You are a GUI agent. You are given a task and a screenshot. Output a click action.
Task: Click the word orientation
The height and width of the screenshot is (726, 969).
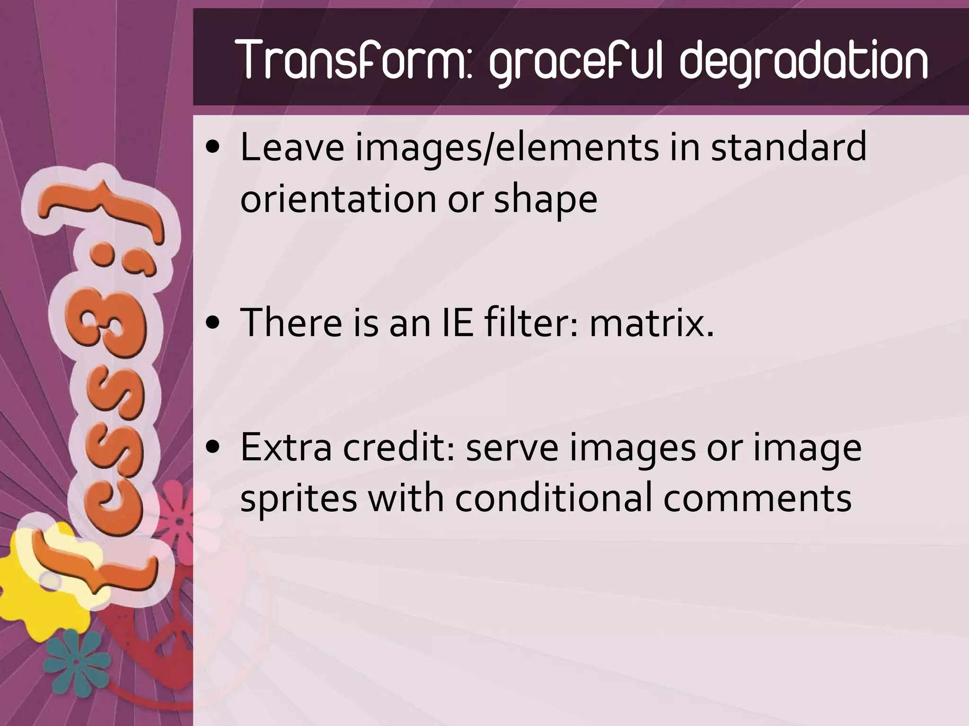click(339, 199)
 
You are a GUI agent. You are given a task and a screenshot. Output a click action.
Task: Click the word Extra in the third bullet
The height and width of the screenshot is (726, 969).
click(286, 447)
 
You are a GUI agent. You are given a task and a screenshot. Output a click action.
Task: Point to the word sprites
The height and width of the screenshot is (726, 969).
click(299, 500)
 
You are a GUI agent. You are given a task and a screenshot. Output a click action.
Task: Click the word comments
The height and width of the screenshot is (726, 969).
click(757, 499)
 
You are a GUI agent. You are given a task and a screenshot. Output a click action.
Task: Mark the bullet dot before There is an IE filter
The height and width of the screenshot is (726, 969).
click(214, 323)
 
